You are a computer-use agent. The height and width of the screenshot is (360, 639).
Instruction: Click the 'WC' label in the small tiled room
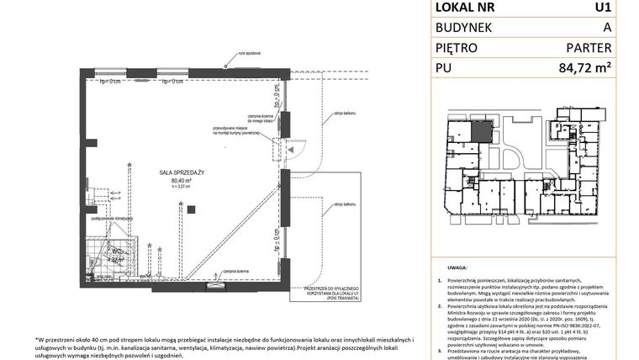pyautogui.click(x=119, y=251)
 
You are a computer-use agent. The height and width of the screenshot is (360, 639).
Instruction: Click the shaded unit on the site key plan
pyautogui.click(x=479, y=130)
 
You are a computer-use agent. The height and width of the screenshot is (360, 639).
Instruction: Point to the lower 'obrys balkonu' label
pyautogui.click(x=343, y=204)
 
